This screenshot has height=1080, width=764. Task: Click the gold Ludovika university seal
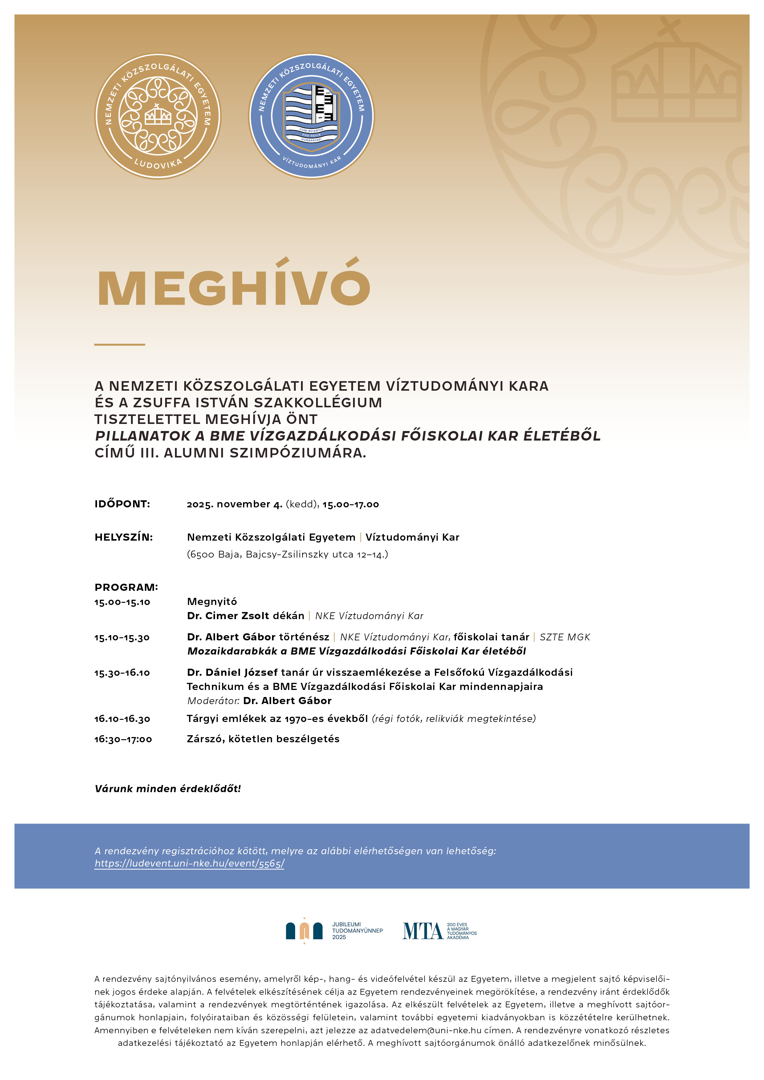click(x=158, y=116)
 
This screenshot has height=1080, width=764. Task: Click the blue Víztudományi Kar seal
click(x=311, y=116)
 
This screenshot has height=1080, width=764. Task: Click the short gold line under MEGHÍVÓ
click(x=120, y=344)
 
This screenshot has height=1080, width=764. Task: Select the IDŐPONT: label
click(x=122, y=504)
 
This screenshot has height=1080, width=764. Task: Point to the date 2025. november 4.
click(x=234, y=504)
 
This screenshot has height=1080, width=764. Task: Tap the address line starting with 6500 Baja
click(x=287, y=554)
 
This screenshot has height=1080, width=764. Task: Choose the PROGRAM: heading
click(x=126, y=587)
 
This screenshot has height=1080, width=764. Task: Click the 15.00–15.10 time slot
click(x=122, y=602)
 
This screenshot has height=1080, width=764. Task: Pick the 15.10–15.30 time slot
click(x=122, y=637)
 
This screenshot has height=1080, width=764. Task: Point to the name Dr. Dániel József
click(x=232, y=672)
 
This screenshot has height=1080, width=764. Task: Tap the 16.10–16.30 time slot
click(x=122, y=719)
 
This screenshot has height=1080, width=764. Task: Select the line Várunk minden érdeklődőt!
click(x=168, y=789)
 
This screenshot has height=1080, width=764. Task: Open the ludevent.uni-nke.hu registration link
click(x=189, y=863)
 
